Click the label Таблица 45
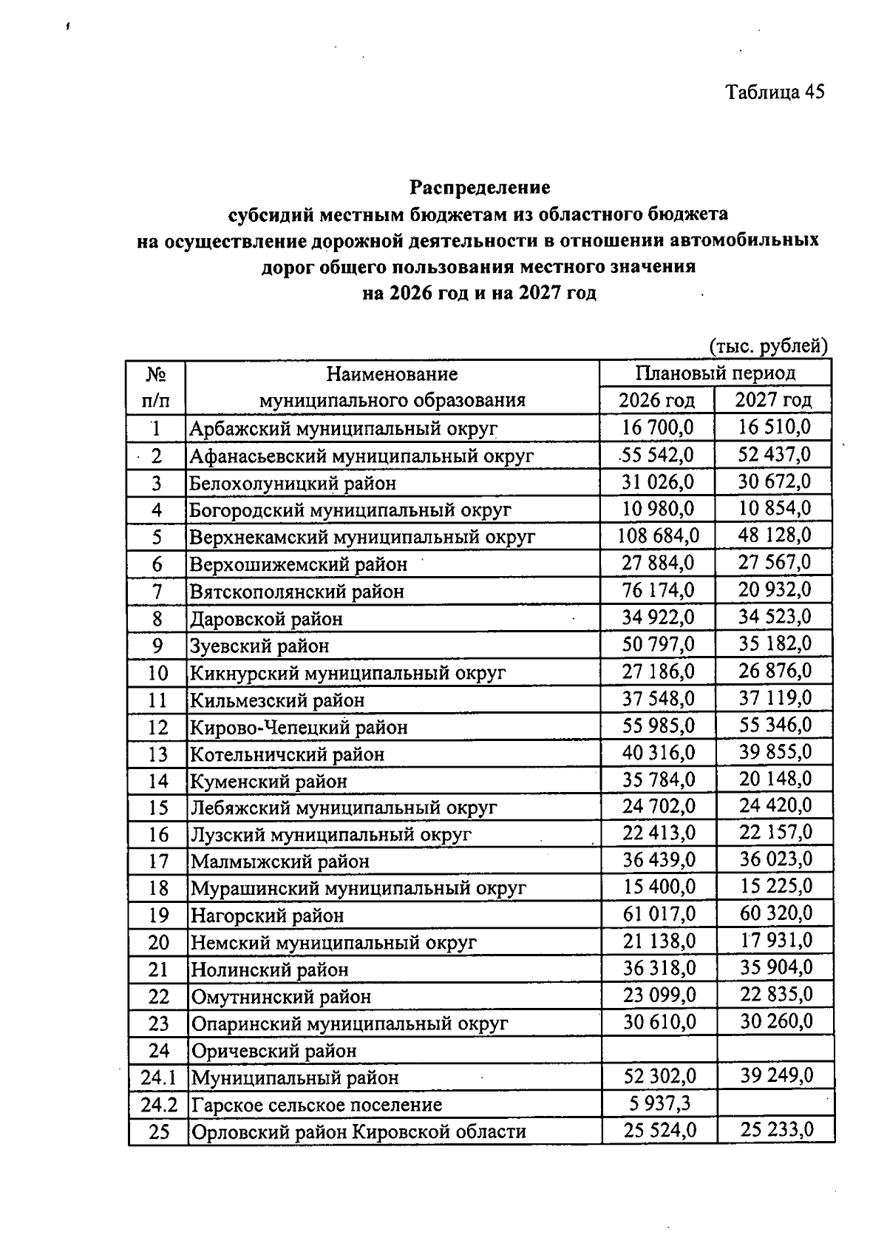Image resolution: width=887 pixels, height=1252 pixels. pyautogui.click(x=774, y=92)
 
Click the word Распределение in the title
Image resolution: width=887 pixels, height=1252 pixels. pyautogui.click(x=480, y=186)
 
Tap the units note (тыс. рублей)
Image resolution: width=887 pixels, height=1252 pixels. pyautogui.click(x=768, y=345)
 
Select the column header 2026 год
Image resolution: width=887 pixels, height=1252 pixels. pyautogui.click(x=656, y=400)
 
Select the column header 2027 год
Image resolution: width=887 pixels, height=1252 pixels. pyautogui.click(x=773, y=400)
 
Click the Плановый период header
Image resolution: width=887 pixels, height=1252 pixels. pyautogui.click(x=716, y=373)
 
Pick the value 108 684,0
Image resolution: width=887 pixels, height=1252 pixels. pyautogui.click(x=658, y=535)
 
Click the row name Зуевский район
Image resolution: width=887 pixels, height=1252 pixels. pyautogui.click(x=259, y=646)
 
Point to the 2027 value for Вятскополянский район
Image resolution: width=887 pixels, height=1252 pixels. pyautogui.click(x=775, y=590)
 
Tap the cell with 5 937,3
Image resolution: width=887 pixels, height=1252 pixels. pyautogui.click(x=660, y=1103)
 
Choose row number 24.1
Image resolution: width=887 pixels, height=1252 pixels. pyautogui.click(x=158, y=1077)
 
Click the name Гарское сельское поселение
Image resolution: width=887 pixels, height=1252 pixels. pyautogui.click(x=316, y=1105)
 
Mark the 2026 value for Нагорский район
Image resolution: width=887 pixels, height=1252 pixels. pyautogui.click(x=659, y=914)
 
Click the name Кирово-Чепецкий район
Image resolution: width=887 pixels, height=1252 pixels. pyautogui.click(x=299, y=727)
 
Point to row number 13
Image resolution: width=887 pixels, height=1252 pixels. pyautogui.click(x=158, y=754)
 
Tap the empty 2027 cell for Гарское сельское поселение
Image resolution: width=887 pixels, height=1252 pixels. pyautogui.click(x=775, y=1104)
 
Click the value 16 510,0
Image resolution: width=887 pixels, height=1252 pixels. pyautogui.click(x=774, y=427)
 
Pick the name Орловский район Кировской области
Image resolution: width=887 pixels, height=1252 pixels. pyautogui.click(x=358, y=1131)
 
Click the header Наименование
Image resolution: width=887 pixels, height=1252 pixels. pyautogui.click(x=392, y=374)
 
